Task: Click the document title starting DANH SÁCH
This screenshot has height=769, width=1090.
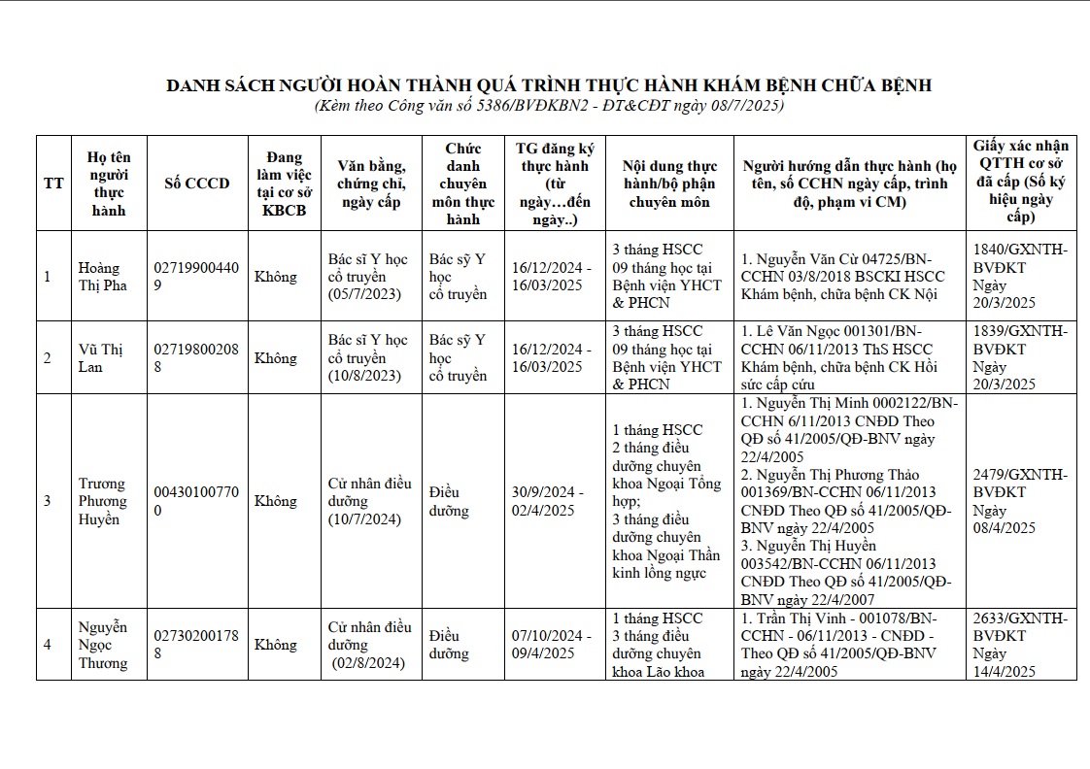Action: tap(549, 85)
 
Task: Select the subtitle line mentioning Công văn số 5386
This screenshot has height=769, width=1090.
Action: tap(549, 105)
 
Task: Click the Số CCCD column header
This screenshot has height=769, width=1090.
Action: tap(197, 184)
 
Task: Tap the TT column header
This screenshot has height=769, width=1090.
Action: tap(53, 184)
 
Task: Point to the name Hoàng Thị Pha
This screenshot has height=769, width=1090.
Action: tap(102, 277)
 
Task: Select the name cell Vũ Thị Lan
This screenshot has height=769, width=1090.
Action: tap(102, 358)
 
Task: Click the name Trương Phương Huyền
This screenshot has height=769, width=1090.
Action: tap(103, 501)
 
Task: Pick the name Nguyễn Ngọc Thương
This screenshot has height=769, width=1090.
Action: tap(103, 645)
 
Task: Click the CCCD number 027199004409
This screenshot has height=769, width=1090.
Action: tap(197, 277)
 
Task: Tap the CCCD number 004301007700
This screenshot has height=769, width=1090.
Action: tap(197, 501)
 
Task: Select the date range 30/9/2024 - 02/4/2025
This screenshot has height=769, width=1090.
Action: tap(548, 501)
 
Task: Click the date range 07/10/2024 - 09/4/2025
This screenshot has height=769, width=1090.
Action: tap(548, 645)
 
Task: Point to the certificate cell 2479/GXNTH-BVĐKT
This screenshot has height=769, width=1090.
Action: tap(1020, 501)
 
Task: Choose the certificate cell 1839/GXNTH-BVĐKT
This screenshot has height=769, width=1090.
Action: tap(1020, 358)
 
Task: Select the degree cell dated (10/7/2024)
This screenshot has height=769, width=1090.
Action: tap(369, 501)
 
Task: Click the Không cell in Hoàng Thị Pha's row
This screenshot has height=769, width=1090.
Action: tap(276, 277)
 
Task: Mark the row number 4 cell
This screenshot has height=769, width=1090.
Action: tap(48, 645)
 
